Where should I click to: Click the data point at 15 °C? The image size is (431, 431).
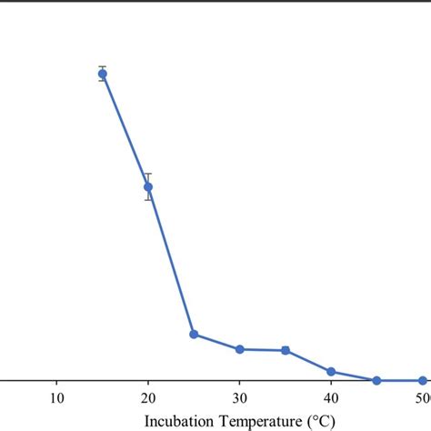103,75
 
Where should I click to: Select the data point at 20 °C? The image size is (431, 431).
148,187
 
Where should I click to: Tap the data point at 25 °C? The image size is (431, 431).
194,335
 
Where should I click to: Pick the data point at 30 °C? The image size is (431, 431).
240,349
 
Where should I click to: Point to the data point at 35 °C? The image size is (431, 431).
286,350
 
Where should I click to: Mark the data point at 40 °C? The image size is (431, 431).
331,372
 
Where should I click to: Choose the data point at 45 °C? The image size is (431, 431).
376,380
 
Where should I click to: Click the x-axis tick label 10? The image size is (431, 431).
56,397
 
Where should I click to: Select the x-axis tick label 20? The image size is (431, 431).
148,397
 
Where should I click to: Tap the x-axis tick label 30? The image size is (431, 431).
240,397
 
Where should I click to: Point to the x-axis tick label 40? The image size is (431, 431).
331,397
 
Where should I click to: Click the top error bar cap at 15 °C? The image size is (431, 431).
103,66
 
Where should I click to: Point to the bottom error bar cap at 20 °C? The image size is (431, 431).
148,200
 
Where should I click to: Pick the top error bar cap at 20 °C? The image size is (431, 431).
148,174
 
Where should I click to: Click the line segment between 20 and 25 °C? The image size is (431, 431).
171,261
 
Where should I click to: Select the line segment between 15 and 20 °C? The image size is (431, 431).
125,131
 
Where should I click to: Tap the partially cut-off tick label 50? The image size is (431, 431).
424,397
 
